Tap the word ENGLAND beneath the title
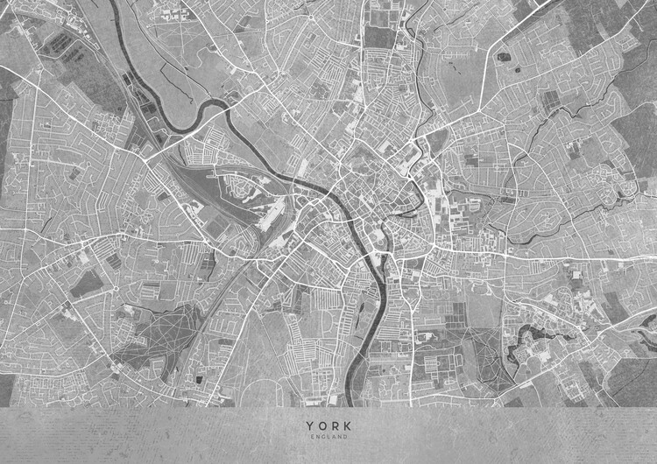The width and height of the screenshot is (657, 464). click(x=328, y=436)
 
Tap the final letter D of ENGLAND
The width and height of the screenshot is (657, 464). click(x=346, y=436)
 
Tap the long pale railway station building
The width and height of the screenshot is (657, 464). click(x=272, y=210)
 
